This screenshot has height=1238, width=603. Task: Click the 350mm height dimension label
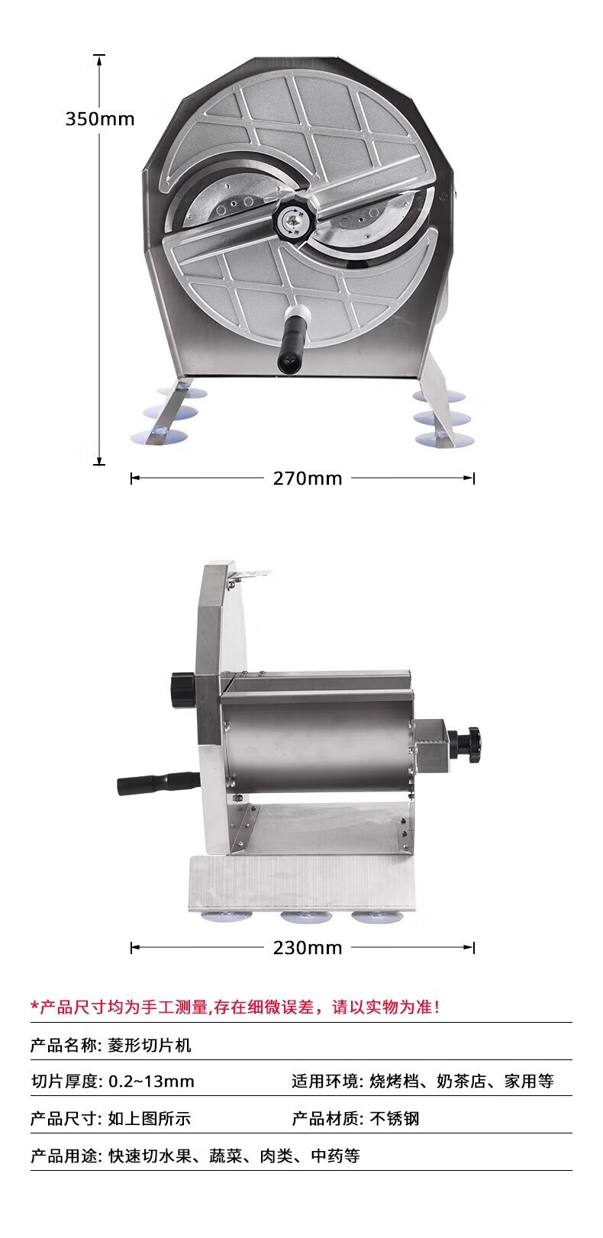tap(100, 119)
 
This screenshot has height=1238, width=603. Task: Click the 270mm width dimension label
tap(308, 478)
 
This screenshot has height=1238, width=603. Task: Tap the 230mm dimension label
tap(308, 948)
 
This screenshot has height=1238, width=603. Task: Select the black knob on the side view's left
tap(183, 689)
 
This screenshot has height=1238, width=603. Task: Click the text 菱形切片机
tap(150, 1046)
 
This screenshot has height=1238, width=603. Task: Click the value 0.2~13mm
tap(151, 1082)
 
